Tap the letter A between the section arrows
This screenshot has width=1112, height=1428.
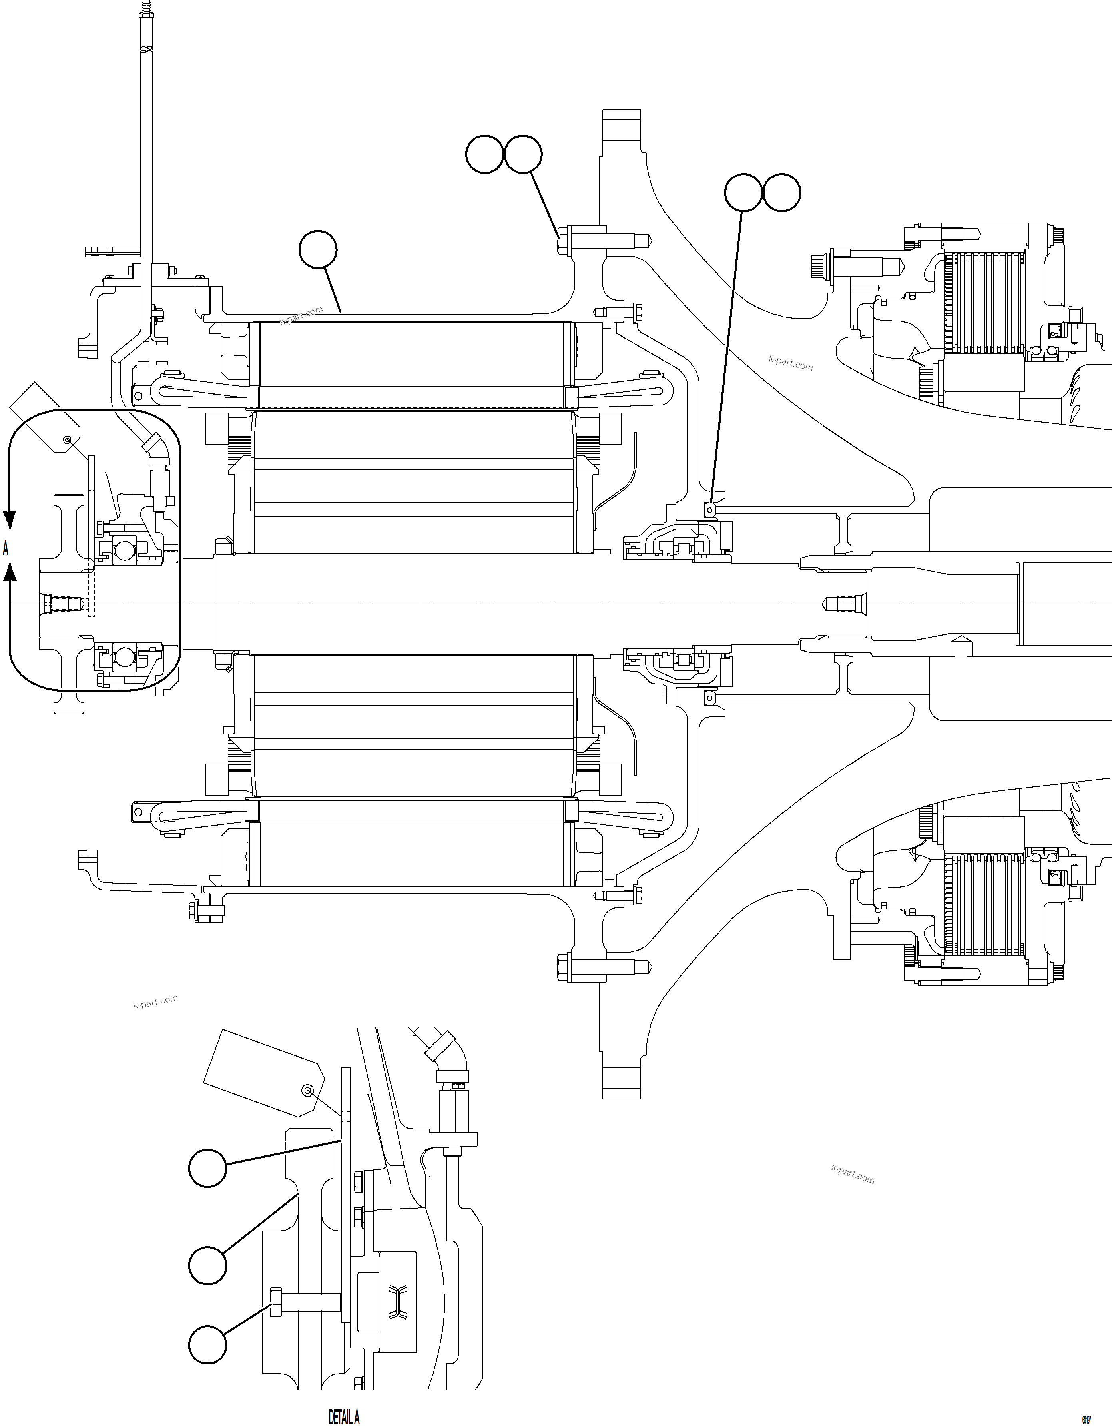point(6,548)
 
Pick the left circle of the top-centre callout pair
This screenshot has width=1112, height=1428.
point(484,154)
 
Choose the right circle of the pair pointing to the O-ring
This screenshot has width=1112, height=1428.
point(782,192)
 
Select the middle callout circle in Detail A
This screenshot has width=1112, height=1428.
point(208,1265)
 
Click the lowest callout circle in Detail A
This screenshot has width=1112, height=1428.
point(208,1345)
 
